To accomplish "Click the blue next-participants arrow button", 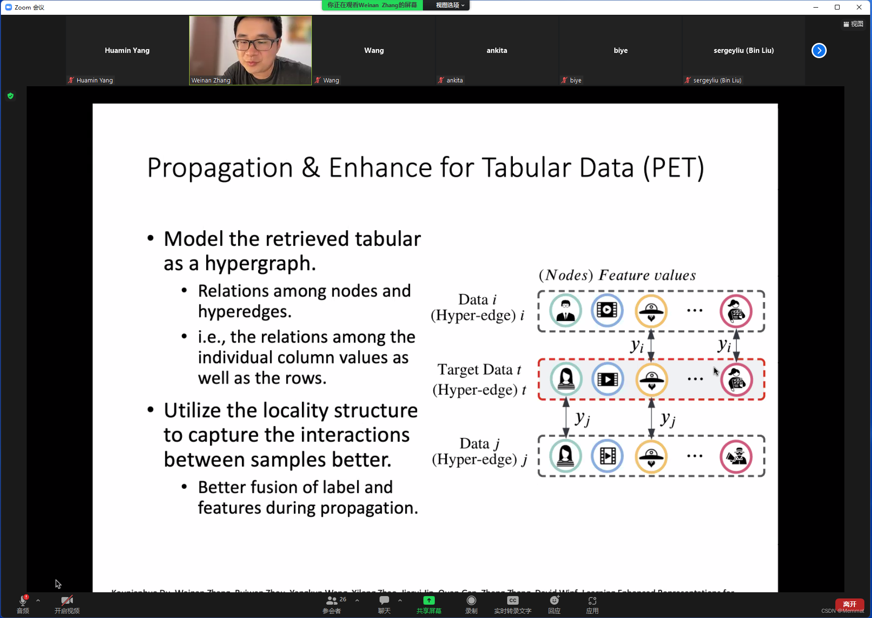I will [819, 51].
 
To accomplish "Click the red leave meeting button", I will [849, 604].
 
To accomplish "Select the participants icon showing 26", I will [332, 601].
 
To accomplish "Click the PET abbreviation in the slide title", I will [673, 168].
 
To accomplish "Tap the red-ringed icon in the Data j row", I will [736, 456].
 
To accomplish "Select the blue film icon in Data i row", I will [607, 311].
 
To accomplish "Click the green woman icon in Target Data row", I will [566, 379].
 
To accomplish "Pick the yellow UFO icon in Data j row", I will [651, 456].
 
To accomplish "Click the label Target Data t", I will [479, 370].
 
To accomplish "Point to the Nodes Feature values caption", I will [617, 275].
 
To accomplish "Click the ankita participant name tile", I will [496, 51].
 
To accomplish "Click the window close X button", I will [859, 7].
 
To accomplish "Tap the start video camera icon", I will [67, 601].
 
